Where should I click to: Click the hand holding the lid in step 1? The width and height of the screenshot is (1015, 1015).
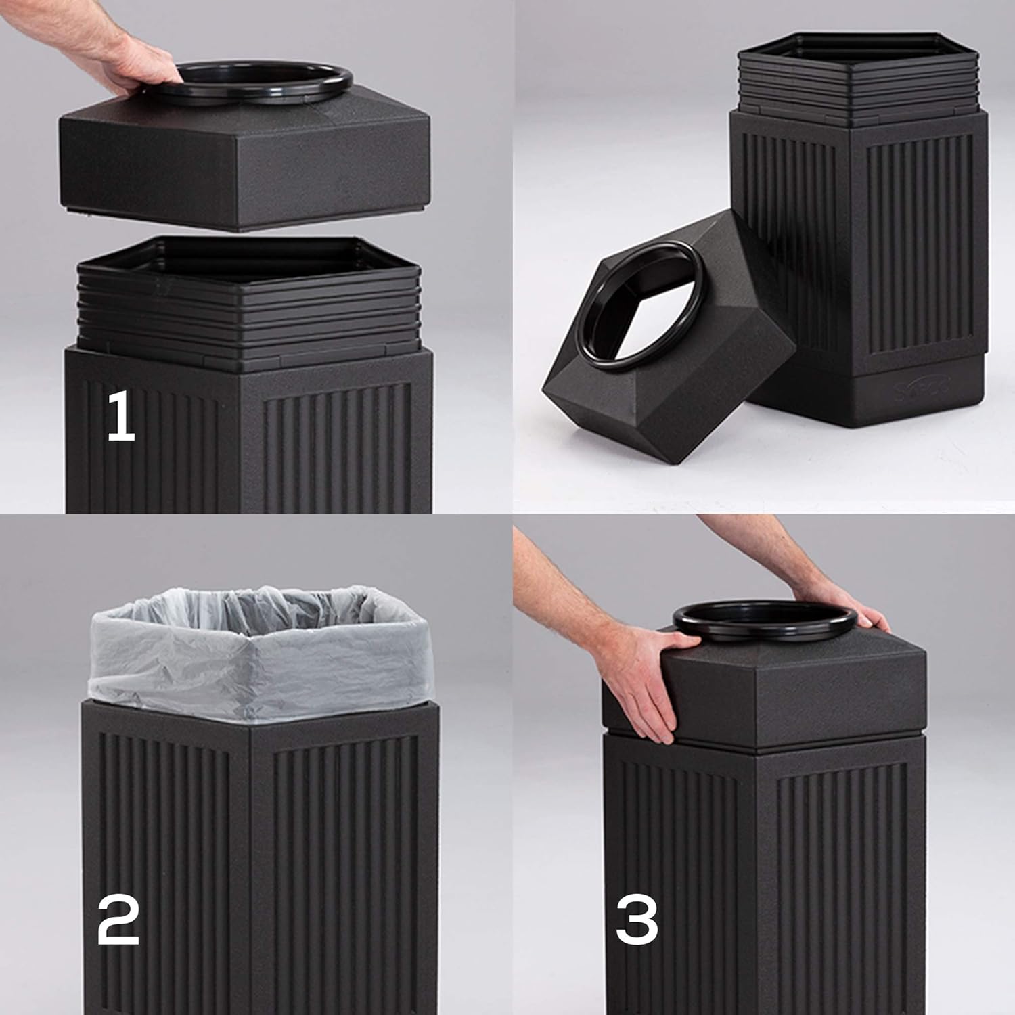(139, 64)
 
